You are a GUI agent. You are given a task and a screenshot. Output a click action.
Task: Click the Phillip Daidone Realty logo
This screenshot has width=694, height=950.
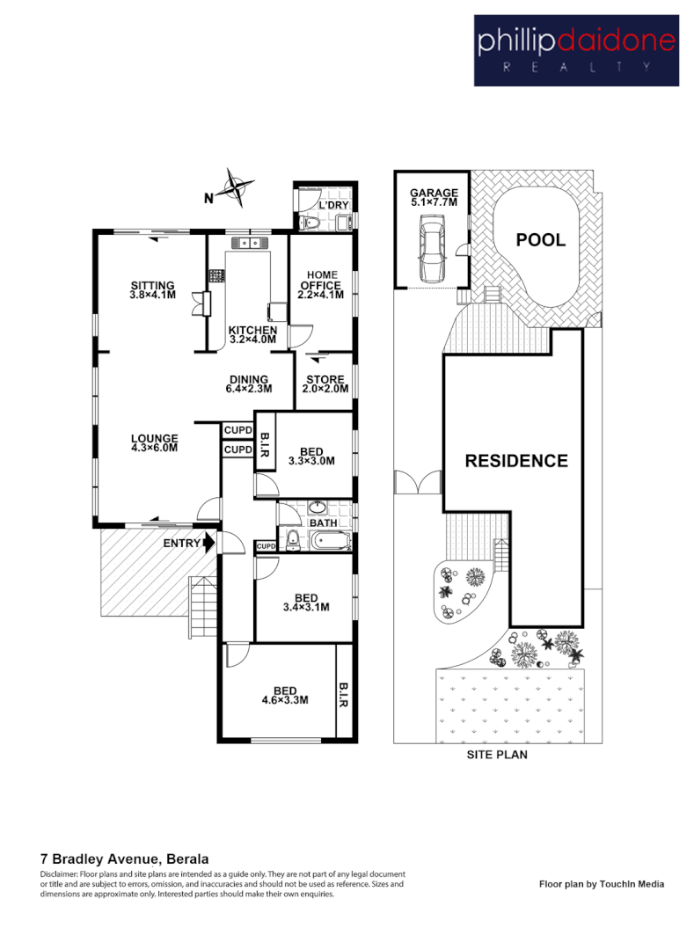click(575, 50)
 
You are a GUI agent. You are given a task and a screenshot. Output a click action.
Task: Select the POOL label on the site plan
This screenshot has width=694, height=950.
click(540, 240)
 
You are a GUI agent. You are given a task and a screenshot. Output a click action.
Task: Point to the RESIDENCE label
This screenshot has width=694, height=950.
click(516, 461)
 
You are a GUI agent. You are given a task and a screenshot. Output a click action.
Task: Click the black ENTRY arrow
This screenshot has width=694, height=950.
click(208, 544)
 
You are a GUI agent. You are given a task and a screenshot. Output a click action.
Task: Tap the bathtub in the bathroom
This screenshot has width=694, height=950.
click(328, 541)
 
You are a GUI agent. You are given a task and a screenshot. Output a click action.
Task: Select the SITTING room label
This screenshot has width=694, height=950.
click(153, 290)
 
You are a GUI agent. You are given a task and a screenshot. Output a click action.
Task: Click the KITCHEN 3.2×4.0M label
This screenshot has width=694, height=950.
click(252, 333)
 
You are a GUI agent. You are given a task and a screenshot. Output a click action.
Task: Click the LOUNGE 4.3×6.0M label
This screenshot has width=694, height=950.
click(155, 443)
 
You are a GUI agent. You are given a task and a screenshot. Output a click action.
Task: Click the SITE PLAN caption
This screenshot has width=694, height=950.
click(496, 755)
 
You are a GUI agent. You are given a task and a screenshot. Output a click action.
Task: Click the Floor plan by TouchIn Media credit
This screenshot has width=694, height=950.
click(601, 884)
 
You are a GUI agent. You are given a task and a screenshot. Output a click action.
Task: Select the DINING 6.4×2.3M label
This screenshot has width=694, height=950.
click(249, 384)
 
